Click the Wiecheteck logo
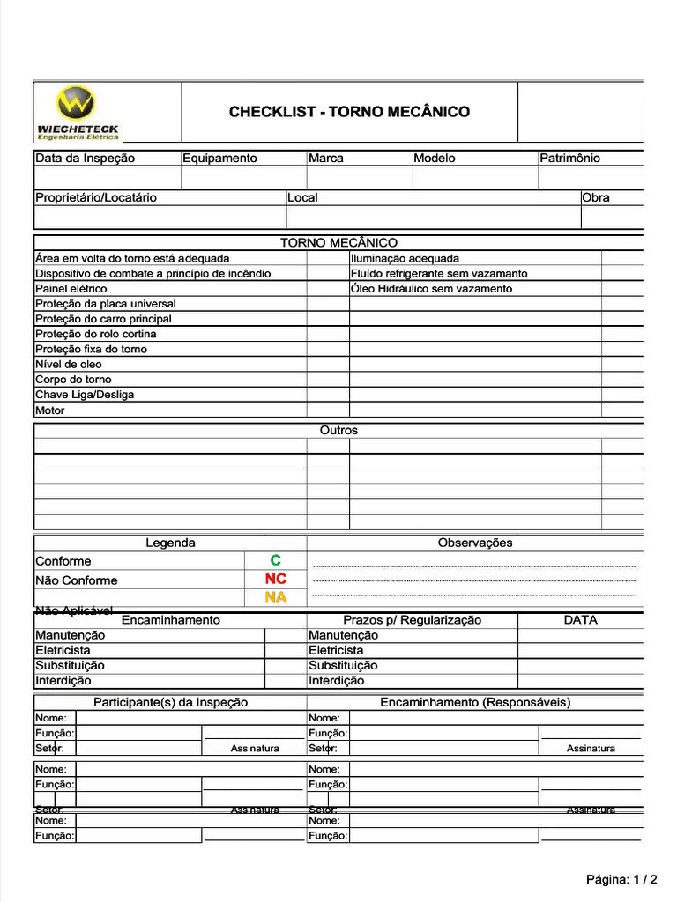click(78, 112)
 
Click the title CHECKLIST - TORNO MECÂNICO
click(349, 112)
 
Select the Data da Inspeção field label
click(86, 159)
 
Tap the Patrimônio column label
click(569, 159)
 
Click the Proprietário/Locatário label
click(96, 198)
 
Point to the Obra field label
click(596, 198)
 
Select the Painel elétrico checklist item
click(71, 289)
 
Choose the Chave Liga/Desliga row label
click(85, 395)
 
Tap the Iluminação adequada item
click(405, 259)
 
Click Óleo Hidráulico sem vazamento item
click(431, 289)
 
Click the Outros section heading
click(338, 431)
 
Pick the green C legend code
click(276, 561)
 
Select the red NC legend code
click(276, 580)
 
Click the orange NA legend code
click(276, 597)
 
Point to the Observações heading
click(475, 543)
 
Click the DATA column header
click(580, 620)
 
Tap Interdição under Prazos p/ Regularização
click(336, 681)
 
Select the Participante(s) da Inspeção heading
click(171, 703)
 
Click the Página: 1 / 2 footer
click(621, 879)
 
